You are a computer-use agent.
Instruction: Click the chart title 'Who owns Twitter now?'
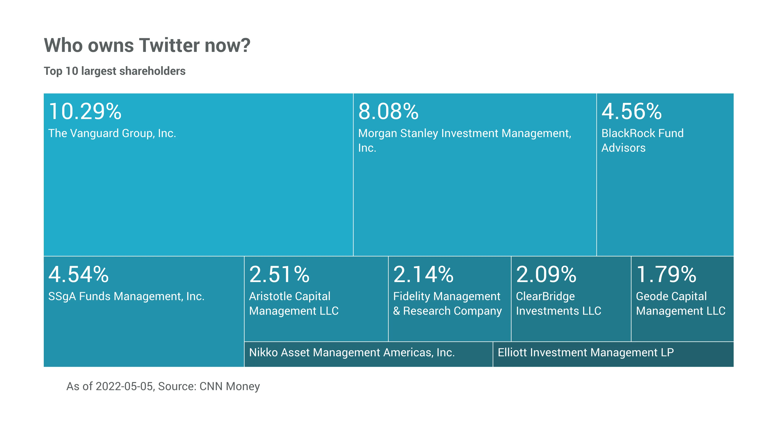147,45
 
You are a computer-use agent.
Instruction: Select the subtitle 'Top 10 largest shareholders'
114,71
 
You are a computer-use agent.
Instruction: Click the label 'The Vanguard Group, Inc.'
112,133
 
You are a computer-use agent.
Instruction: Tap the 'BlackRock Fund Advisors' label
642,140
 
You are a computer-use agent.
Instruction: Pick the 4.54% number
79,275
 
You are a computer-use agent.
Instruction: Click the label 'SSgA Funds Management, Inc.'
126,296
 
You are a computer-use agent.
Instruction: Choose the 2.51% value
279,275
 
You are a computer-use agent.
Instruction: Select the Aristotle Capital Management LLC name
294,304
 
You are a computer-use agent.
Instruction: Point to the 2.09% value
546,275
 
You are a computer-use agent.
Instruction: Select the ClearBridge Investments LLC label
558,304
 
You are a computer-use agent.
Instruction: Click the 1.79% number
666,275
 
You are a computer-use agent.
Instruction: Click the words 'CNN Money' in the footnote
230,386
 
